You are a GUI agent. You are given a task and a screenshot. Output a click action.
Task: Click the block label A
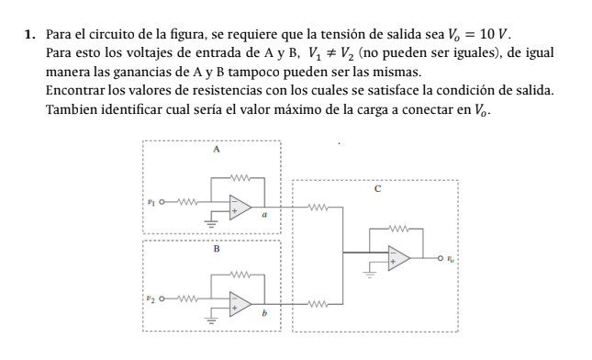[216, 149]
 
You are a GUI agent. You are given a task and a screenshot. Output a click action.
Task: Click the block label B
[217, 248]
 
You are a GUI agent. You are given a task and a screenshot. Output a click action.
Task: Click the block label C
[376, 189]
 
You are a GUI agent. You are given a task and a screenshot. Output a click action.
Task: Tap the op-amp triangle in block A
[241, 206]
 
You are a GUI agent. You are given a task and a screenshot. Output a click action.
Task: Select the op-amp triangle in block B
[241, 304]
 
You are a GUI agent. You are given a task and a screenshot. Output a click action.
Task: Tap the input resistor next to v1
[184, 201]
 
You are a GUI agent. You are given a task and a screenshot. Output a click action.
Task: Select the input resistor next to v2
[184, 298]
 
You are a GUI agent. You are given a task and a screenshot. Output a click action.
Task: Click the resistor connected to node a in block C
[318, 208]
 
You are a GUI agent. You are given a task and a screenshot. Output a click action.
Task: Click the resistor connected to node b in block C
[318, 305]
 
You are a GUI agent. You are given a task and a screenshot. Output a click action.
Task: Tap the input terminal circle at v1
[163, 201]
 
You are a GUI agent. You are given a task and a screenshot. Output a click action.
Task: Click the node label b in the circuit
[265, 314]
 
